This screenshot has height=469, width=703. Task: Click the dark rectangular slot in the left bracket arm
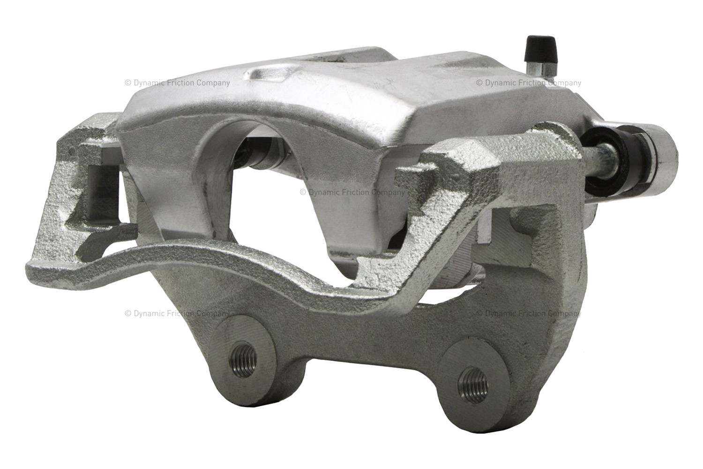[x=103, y=195]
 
